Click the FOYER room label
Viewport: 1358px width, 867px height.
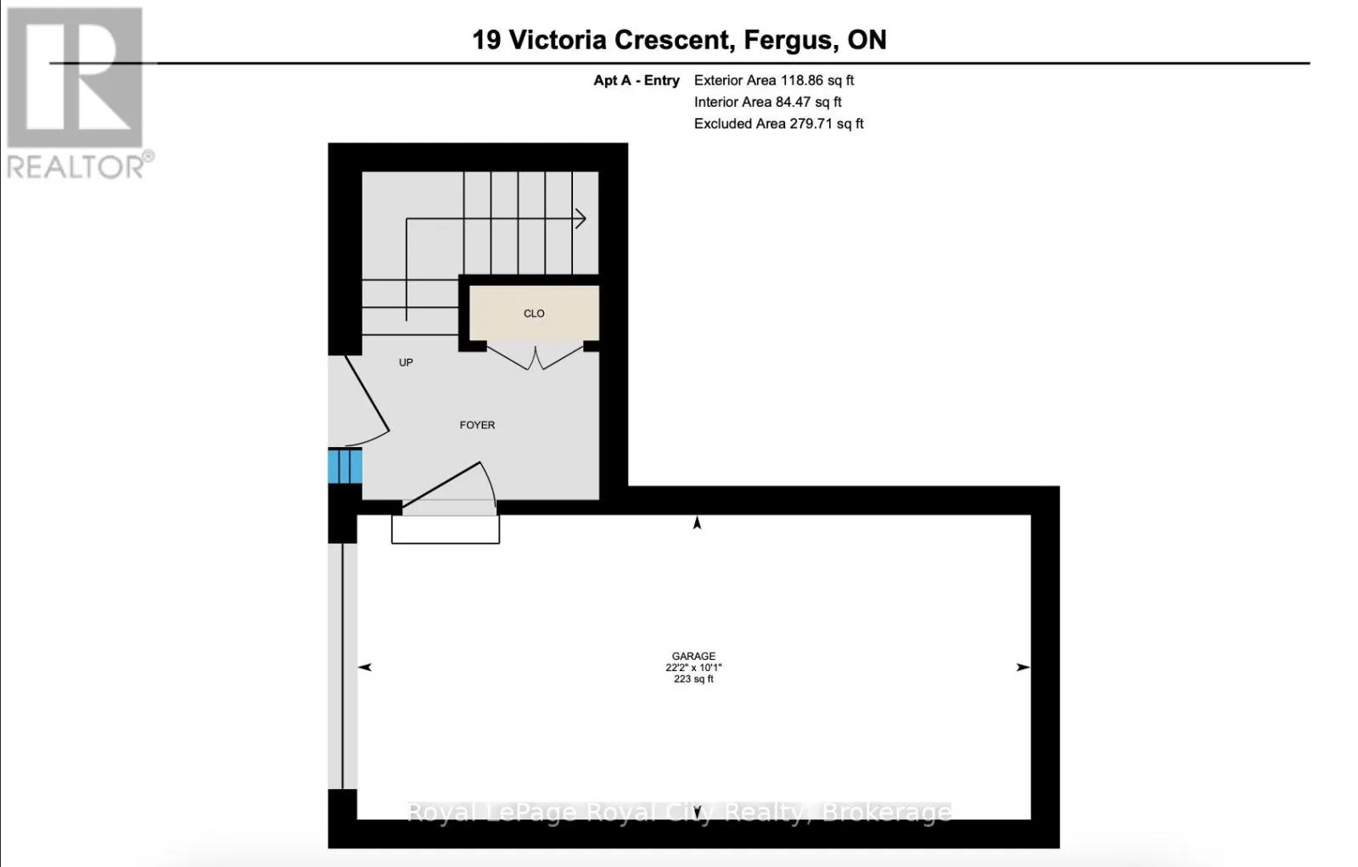click(x=477, y=425)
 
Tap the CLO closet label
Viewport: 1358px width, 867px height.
click(x=534, y=313)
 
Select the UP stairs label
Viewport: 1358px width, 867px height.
click(x=406, y=362)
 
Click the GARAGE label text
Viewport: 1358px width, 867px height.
click(x=693, y=656)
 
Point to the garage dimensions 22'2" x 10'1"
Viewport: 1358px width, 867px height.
click(x=693, y=668)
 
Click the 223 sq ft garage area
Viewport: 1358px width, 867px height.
click(x=693, y=680)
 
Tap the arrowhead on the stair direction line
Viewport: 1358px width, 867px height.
click(x=581, y=218)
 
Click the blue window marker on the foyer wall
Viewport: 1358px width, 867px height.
click(x=345, y=466)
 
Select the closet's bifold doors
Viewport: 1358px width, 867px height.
click(x=536, y=357)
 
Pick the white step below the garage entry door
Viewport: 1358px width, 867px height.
click(x=446, y=529)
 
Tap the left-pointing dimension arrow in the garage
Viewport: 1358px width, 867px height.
click(x=365, y=667)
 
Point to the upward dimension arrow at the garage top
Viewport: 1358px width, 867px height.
click(x=697, y=523)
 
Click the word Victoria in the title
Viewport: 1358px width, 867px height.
click(x=557, y=41)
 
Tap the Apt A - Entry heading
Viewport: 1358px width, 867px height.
click(x=637, y=80)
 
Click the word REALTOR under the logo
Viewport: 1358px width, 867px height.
click(x=76, y=166)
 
